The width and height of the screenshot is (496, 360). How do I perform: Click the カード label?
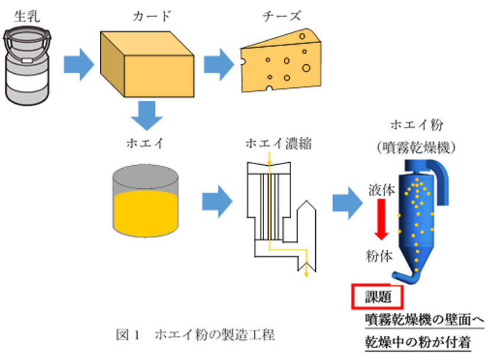(152, 15)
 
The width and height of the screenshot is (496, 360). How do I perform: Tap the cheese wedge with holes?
(280, 62)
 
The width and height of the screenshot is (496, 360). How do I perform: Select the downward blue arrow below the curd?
(146, 116)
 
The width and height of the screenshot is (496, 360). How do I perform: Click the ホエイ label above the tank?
(145, 143)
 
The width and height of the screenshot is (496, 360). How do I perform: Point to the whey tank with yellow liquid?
(145, 201)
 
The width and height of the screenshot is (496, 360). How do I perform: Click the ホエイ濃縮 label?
(276, 143)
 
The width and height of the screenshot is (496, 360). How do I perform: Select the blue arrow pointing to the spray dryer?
(347, 202)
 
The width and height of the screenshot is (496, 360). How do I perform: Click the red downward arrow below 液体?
(381, 219)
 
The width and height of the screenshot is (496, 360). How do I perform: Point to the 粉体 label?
(380, 254)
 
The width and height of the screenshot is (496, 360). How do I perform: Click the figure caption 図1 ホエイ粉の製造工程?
(195, 335)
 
